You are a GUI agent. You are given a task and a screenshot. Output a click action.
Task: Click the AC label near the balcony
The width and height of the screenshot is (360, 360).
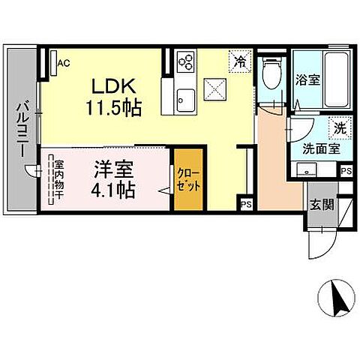[64, 63]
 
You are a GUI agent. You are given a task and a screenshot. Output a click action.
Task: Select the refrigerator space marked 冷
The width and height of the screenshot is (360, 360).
[240, 59]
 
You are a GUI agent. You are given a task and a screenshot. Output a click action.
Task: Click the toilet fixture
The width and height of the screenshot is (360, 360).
[271, 73]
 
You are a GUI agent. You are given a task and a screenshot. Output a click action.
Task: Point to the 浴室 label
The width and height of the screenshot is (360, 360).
[307, 79]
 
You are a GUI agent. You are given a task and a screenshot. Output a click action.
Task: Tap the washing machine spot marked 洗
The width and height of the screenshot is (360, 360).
[340, 127]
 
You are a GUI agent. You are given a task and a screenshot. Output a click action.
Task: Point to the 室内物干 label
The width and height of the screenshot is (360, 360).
[55, 178]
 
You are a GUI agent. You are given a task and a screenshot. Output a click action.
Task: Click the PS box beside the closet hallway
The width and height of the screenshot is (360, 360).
[245, 202]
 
